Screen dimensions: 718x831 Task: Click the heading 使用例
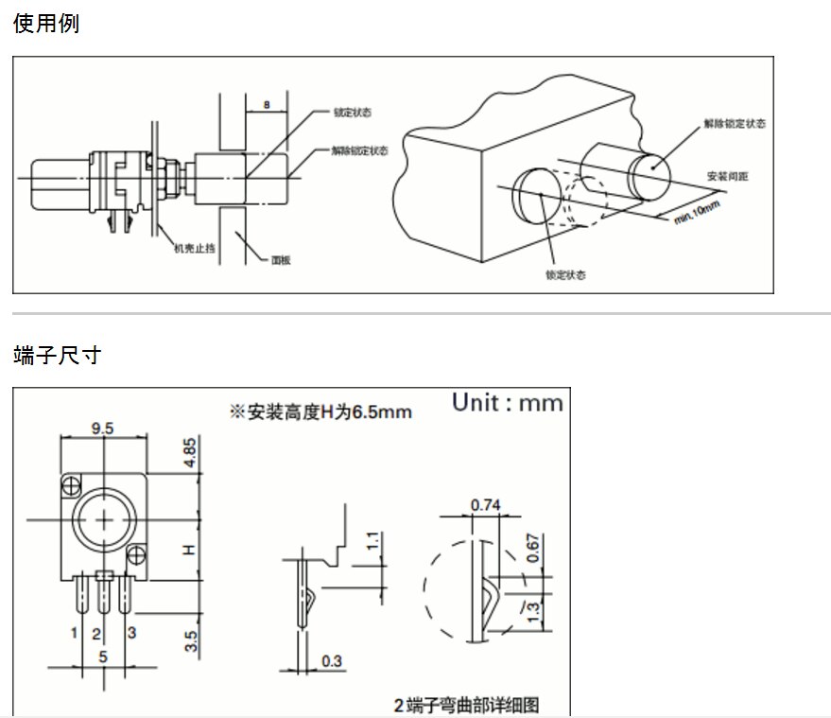coord(46,24)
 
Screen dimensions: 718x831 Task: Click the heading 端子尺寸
coord(57,356)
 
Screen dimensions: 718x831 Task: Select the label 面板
coord(281,258)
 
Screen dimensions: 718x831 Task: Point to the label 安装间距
coord(728,177)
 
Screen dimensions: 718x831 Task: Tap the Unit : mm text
coord(507,403)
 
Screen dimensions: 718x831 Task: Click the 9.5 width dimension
coord(103,429)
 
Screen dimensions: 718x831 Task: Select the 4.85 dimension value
coord(191,451)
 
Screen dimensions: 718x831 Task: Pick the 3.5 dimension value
coord(191,640)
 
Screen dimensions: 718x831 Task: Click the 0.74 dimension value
coord(485,505)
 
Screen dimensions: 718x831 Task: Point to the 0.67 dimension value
coord(532,548)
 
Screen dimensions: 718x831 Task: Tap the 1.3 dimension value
coord(532,612)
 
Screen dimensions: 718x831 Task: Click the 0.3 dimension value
coord(332,660)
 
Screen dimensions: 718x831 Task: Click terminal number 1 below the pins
coord(74,631)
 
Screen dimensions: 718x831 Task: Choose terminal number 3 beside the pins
coord(131,631)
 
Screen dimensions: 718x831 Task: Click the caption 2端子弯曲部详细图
coord(466,705)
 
